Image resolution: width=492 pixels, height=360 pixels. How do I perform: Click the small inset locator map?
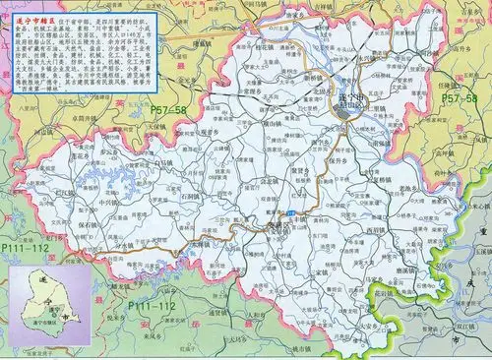tap(46, 305)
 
